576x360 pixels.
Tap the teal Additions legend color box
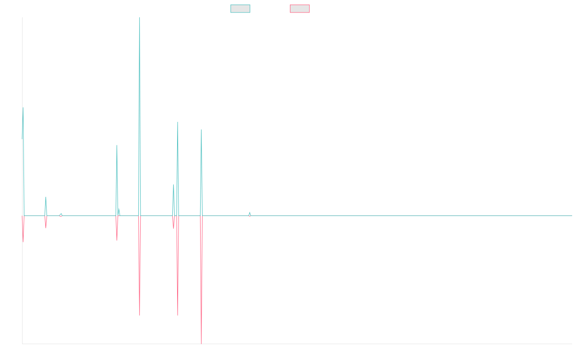(240, 9)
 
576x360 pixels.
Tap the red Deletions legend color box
(300, 9)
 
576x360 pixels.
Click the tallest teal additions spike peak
(140, 18)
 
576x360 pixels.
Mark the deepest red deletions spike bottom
(201, 342)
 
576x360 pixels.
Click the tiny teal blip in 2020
(250, 213)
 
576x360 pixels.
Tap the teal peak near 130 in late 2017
(117, 146)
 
